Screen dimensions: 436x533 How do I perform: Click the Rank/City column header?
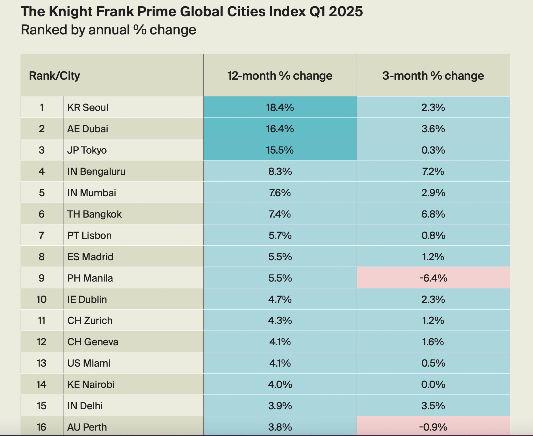click(x=55, y=76)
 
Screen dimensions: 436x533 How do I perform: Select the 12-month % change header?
click(x=280, y=76)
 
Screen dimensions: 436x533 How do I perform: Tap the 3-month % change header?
click(x=433, y=76)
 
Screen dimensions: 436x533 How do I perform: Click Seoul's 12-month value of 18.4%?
click(x=280, y=108)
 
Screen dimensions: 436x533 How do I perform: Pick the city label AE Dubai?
click(x=88, y=129)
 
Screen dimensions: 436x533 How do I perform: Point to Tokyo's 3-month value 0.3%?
click(x=433, y=150)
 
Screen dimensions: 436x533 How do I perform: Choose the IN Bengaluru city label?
click(x=96, y=171)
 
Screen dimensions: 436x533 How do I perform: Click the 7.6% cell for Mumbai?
click(x=280, y=193)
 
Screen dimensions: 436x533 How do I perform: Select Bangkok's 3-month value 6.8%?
click(x=433, y=214)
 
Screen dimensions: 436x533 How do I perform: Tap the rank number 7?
click(x=42, y=235)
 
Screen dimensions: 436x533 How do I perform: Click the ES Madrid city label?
click(x=90, y=257)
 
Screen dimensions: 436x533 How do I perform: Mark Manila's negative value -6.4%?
click(x=433, y=278)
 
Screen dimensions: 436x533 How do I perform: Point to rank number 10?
click(x=41, y=299)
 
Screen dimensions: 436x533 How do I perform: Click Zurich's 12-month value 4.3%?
click(x=280, y=321)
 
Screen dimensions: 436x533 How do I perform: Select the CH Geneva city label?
click(x=93, y=342)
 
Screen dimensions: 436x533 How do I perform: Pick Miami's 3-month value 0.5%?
click(x=433, y=363)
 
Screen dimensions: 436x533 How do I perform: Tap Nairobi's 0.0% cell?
click(x=433, y=385)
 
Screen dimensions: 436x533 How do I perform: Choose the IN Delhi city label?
click(x=85, y=406)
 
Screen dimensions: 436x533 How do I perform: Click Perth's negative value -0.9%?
click(x=433, y=427)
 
